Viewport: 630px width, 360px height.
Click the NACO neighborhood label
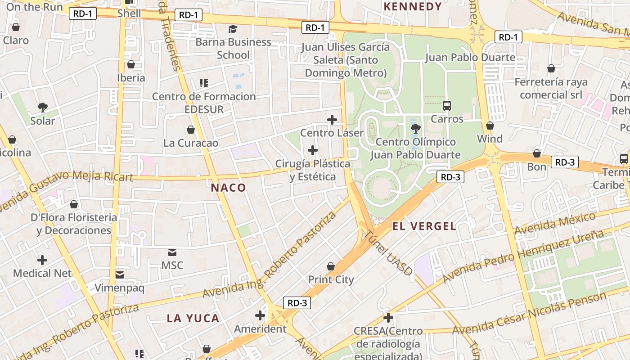coord(229,188)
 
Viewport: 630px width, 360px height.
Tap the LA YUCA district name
coord(193,318)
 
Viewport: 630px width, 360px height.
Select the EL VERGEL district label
coord(424,226)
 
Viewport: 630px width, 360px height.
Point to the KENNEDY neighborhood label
coord(413,6)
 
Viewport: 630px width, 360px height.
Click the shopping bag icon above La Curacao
coord(191,130)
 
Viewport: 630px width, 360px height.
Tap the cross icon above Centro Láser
coord(332,119)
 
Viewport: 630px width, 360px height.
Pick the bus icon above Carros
coord(447,106)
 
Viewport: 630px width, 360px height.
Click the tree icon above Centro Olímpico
coord(415,129)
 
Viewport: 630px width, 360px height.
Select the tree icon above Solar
coord(43,107)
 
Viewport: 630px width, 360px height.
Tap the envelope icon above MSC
coord(172,252)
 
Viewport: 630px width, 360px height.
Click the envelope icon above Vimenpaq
coord(120,274)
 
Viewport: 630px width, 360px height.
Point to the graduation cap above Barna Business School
coord(233,29)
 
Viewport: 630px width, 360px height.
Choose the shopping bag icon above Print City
coord(331,266)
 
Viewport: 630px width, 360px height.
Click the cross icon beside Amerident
coord(260,315)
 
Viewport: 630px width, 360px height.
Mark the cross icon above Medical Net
coord(42,260)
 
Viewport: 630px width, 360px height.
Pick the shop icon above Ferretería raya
coord(551,68)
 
